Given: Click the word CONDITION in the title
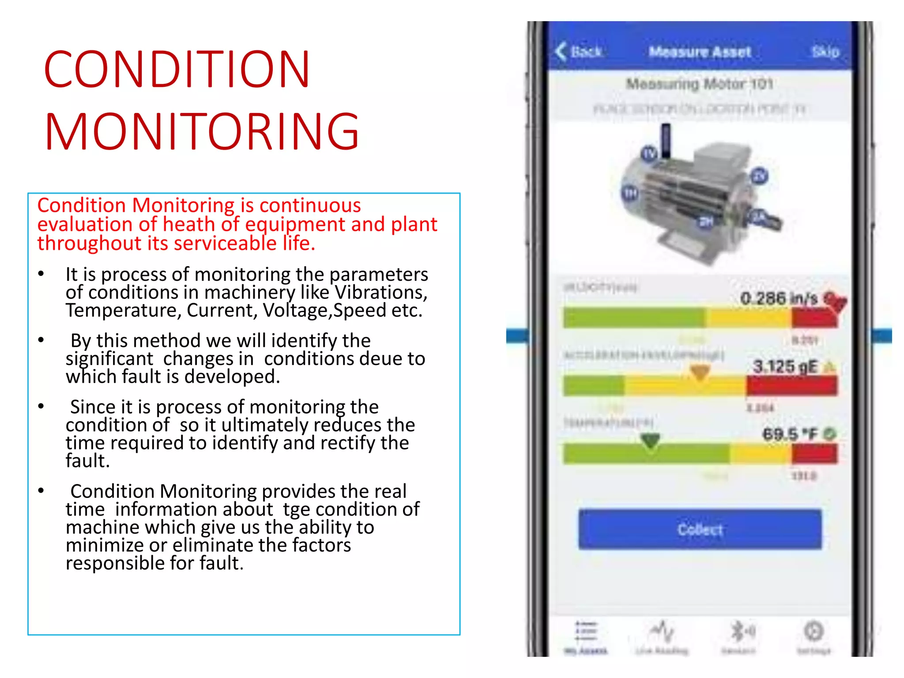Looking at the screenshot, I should [x=177, y=69].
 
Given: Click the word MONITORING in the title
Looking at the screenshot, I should [x=202, y=132].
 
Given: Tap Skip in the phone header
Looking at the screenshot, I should [x=825, y=52].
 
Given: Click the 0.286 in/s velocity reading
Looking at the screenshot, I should [x=779, y=298].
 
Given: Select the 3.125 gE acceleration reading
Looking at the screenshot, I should [x=785, y=366].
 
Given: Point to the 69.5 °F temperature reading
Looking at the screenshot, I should [x=790, y=434].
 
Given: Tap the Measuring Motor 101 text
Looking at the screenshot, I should [x=700, y=84].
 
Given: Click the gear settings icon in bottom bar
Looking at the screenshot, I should [x=814, y=632].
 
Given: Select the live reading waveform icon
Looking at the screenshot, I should [x=662, y=632].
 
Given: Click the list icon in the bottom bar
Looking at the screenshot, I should [x=586, y=632].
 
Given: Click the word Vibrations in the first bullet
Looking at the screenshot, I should [x=381, y=292].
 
